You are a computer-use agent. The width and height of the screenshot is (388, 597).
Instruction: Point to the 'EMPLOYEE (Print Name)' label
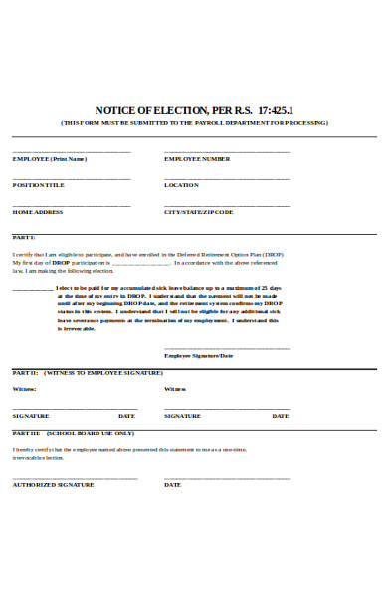[49, 159]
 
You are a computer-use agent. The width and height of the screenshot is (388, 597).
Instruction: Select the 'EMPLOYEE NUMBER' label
[197, 159]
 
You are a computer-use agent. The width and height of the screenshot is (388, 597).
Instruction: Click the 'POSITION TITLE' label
[38, 185]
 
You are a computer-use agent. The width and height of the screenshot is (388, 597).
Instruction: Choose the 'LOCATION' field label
[182, 185]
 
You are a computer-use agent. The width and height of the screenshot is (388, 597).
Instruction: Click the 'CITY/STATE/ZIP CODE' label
[198, 212]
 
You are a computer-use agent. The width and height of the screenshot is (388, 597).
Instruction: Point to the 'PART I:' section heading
[24, 238]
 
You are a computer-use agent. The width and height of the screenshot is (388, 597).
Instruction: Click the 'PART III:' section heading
[27, 434]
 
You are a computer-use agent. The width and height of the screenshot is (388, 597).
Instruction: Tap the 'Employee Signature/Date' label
[198, 355]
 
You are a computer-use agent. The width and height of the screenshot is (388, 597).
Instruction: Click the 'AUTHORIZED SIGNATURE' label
[53, 485]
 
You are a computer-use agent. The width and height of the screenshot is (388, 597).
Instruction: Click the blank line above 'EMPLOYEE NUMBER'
[227, 152]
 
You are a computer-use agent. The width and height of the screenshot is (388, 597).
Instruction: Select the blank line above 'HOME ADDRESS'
[72, 205]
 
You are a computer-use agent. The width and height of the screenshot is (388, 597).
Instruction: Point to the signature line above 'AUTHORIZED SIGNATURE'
[75, 478]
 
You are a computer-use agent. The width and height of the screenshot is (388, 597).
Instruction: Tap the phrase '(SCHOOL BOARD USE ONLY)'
[89, 434]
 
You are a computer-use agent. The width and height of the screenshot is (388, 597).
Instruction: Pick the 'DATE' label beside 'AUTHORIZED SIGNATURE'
[172, 485]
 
